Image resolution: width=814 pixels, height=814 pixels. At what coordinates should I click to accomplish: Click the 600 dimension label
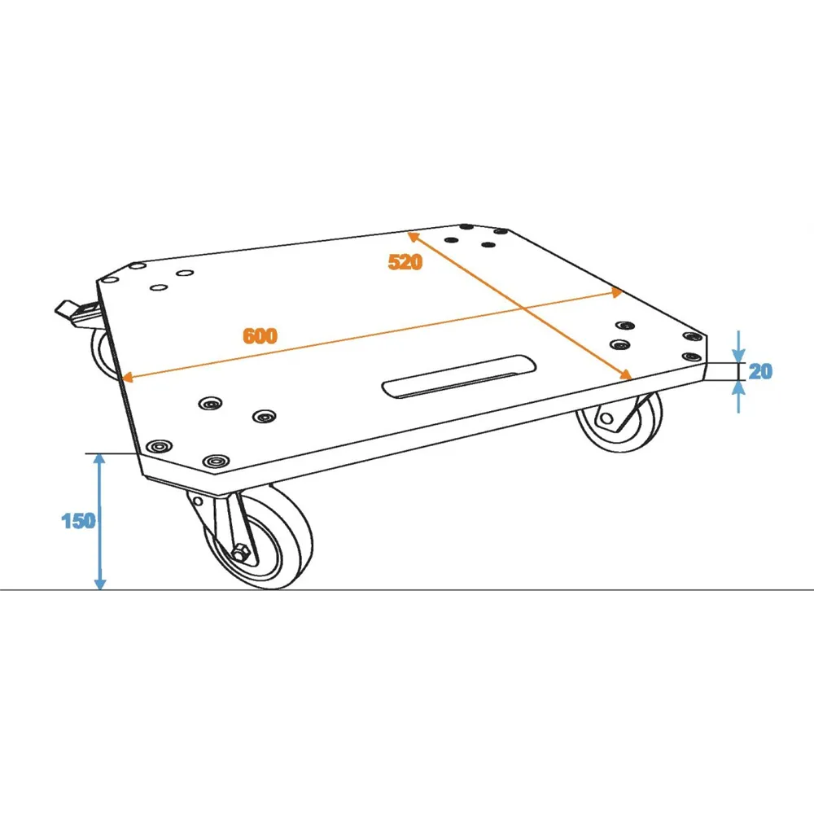click(260, 336)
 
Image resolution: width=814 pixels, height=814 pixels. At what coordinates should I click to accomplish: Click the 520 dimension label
click(405, 261)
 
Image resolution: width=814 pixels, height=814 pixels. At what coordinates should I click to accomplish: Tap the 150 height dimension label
click(78, 521)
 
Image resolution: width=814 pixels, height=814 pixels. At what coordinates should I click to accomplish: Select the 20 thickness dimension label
click(760, 371)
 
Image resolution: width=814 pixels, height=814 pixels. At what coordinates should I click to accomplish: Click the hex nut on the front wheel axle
click(240, 553)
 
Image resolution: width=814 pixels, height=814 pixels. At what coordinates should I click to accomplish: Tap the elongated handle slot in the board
click(459, 376)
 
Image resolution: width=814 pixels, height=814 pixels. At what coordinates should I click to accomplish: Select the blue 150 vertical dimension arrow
click(99, 522)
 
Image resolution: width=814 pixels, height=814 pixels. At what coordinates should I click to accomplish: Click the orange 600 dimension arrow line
click(372, 335)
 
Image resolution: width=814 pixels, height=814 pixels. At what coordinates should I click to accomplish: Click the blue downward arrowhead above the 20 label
click(739, 355)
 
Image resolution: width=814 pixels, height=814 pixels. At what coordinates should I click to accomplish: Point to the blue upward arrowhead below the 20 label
click(739, 387)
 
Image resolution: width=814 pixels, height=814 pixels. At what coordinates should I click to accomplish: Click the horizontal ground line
click(407, 590)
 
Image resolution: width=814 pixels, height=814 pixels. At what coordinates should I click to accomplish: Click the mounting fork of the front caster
click(223, 524)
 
